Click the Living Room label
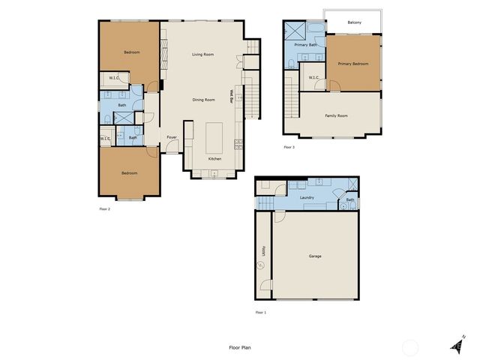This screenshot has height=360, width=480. point(202,55)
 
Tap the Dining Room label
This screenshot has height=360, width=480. point(203,100)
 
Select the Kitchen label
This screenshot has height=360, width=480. point(214,159)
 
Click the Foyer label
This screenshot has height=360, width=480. point(172,137)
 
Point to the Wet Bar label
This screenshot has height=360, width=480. point(231,97)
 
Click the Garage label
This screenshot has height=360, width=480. point(315,256)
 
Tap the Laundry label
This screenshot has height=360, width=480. point(307,198)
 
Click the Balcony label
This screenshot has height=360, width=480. point(355,22)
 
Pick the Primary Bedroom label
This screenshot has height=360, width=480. point(353,64)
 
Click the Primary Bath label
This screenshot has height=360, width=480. point(306,45)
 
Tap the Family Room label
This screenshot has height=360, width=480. point(336,115)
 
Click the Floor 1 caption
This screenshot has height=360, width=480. point(260,311)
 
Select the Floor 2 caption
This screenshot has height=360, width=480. point(104,208)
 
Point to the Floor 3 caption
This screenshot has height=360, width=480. point(289,147)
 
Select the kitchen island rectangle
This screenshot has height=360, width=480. point(215,137)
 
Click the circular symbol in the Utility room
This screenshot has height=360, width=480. point(261,264)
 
